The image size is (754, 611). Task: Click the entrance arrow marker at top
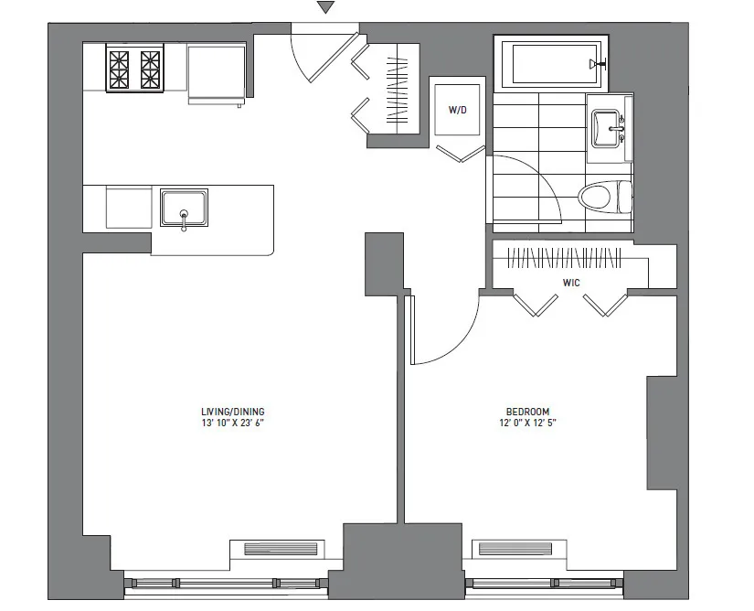(x=325, y=8)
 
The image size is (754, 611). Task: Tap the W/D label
(x=457, y=111)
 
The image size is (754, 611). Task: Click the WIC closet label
(x=571, y=283)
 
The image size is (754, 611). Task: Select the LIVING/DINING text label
(x=233, y=412)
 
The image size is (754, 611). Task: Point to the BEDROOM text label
(x=528, y=412)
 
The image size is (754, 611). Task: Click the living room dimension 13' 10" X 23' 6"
(x=233, y=423)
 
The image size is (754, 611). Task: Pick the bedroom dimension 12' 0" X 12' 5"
(x=528, y=423)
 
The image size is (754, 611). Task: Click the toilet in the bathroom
(x=607, y=195)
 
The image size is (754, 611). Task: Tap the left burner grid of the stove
(x=120, y=69)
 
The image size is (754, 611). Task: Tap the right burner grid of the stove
(x=149, y=69)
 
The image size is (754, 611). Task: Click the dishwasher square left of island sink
(x=128, y=207)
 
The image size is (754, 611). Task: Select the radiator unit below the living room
(x=283, y=550)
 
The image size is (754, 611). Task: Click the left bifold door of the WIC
(x=530, y=305)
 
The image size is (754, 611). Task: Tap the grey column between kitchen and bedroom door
(x=384, y=263)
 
